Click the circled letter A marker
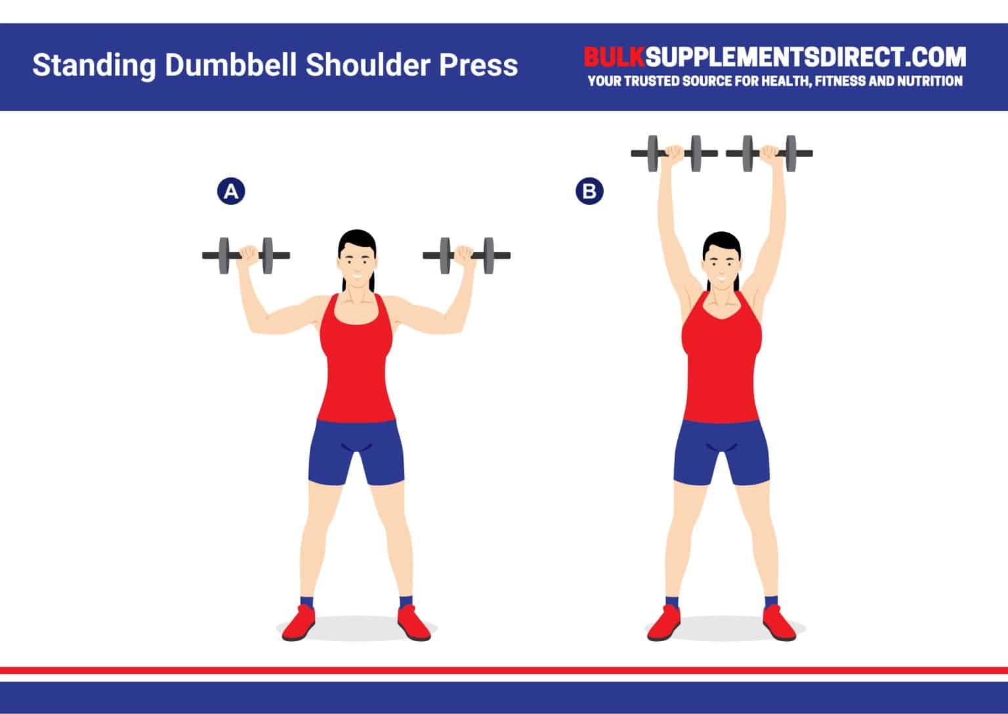(230, 192)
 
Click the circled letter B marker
(589, 192)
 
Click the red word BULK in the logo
(614, 58)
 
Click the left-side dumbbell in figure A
(245, 256)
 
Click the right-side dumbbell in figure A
(467, 256)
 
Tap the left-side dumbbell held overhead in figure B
(674, 154)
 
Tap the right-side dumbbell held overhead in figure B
(769, 154)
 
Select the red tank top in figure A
(356, 368)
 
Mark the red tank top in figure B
(721, 368)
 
